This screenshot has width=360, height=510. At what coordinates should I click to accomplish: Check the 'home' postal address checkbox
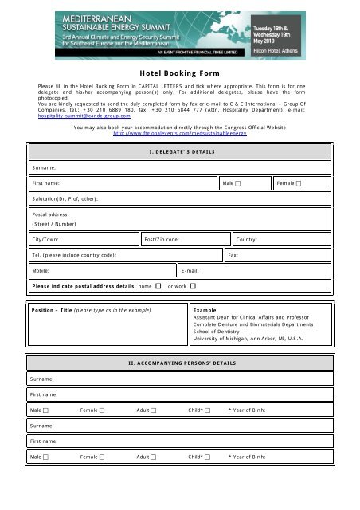pos(158,285)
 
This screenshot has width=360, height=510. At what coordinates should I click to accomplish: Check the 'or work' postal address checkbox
pos(193,285)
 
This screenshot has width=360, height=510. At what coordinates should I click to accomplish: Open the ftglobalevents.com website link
pos(179,134)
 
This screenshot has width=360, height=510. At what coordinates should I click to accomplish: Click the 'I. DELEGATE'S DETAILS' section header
pos(179,151)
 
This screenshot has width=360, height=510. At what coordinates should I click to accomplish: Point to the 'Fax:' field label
pos(233,254)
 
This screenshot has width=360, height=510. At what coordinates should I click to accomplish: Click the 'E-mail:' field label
pos(191,270)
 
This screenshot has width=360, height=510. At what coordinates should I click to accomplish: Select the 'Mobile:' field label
pos(42,270)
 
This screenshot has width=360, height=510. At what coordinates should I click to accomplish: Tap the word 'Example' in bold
pos(205,308)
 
